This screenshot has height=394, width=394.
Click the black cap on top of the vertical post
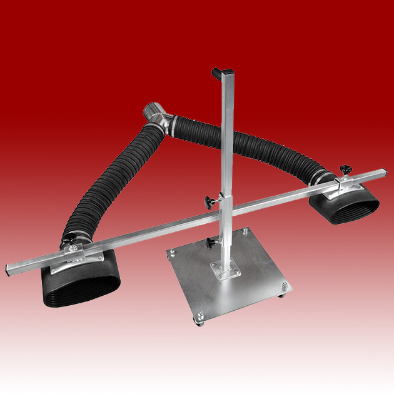(x=218, y=73)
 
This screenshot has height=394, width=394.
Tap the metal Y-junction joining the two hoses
(x=156, y=117)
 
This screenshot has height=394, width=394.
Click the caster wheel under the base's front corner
(x=201, y=323)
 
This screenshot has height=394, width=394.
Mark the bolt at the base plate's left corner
(x=170, y=253)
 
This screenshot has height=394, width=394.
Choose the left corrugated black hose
(x=112, y=181)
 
